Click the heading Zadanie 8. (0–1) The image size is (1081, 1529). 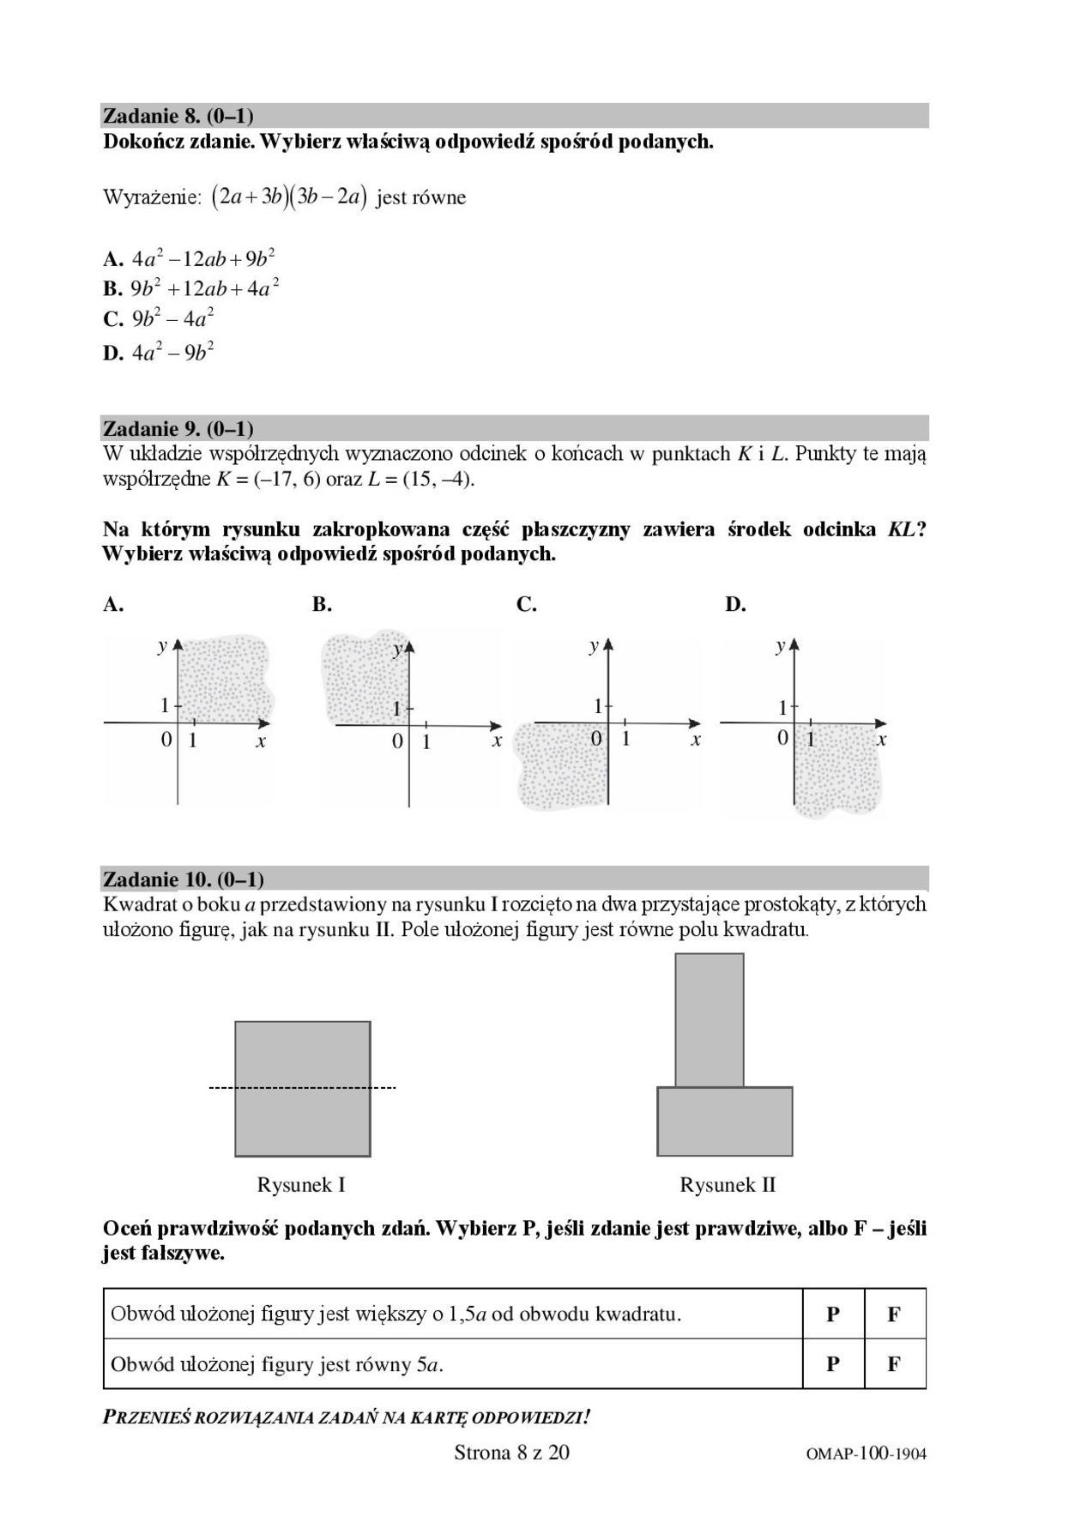[178, 116]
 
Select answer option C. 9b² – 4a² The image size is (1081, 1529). [159, 319]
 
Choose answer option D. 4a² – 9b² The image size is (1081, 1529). [159, 352]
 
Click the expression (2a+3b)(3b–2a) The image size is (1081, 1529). [290, 197]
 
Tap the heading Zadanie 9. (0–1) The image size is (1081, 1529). [178, 428]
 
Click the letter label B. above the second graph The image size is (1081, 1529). [322, 605]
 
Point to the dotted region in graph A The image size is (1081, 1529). [225, 678]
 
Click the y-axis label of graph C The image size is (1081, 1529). [593, 646]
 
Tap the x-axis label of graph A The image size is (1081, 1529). [261, 741]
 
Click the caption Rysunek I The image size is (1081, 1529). [301, 1185]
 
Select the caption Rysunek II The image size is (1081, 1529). [728, 1185]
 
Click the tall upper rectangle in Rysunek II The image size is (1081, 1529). [710, 1019]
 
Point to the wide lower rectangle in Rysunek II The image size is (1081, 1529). [725, 1121]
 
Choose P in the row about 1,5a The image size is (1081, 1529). [833, 1314]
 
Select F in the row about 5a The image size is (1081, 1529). [894, 1364]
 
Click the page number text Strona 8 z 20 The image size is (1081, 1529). [511, 1452]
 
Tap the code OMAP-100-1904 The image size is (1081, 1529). [867, 1453]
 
